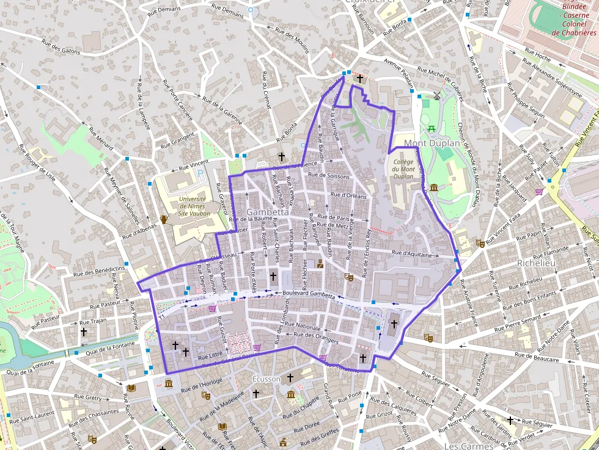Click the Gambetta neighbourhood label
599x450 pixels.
point(267,212)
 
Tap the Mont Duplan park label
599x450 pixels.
point(432,143)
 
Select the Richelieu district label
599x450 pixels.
point(535,263)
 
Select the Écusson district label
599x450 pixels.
point(266,379)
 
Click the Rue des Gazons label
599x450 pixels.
point(61,46)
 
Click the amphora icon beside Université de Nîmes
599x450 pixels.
point(164,219)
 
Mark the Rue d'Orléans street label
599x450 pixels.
point(348,196)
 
